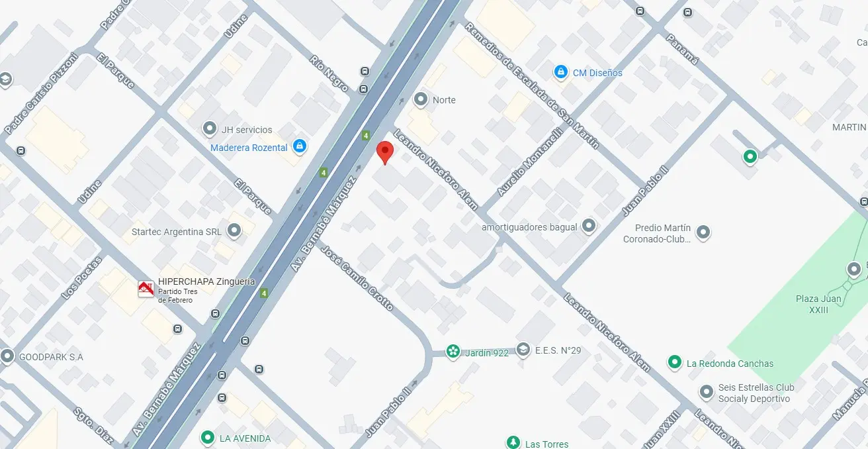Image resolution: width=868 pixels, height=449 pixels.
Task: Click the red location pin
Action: (384, 152)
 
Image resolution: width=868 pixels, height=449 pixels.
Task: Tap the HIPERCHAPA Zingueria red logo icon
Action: (146, 289)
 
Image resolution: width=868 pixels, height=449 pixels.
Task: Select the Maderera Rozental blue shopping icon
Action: (300, 146)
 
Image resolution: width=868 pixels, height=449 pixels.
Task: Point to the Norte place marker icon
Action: (420, 100)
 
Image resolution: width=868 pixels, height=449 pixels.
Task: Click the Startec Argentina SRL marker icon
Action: (234, 231)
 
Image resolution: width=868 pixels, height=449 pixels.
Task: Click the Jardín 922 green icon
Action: (453, 351)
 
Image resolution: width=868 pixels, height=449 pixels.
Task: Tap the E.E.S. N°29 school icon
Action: (523, 350)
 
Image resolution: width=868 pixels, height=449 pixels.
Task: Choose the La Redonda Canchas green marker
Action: (674, 362)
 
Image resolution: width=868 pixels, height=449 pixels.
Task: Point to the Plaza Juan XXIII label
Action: (818, 304)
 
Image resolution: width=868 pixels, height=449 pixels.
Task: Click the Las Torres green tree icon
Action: (513, 442)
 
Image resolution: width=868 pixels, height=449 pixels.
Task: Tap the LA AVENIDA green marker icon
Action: (208, 438)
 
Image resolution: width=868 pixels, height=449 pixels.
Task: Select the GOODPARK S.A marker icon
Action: (7, 356)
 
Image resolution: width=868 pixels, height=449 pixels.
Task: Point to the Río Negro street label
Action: (329, 74)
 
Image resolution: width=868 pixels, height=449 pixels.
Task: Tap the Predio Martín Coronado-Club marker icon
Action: (703, 232)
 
